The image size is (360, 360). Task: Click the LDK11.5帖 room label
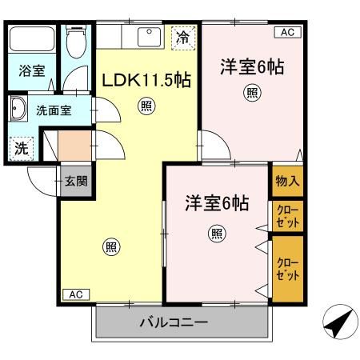point(146,81)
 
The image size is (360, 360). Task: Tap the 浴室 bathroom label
point(32,70)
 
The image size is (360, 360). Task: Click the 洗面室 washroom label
point(53,110)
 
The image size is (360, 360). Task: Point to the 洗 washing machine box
point(20,148)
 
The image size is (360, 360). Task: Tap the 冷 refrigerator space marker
point(182,37)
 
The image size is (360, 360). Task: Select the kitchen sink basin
point(149,38)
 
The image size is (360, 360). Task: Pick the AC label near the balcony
point(74,294)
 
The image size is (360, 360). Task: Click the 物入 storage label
point(287,181)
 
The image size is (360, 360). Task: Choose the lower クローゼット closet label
point(287,269)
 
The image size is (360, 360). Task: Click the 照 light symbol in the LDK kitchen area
point(146,105)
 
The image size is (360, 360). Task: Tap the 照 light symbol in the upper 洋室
point(251,94)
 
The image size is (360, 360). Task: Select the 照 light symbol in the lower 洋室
point(216,233)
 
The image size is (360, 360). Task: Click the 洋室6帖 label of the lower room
point(217,203)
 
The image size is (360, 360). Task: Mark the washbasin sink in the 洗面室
point(18,109)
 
